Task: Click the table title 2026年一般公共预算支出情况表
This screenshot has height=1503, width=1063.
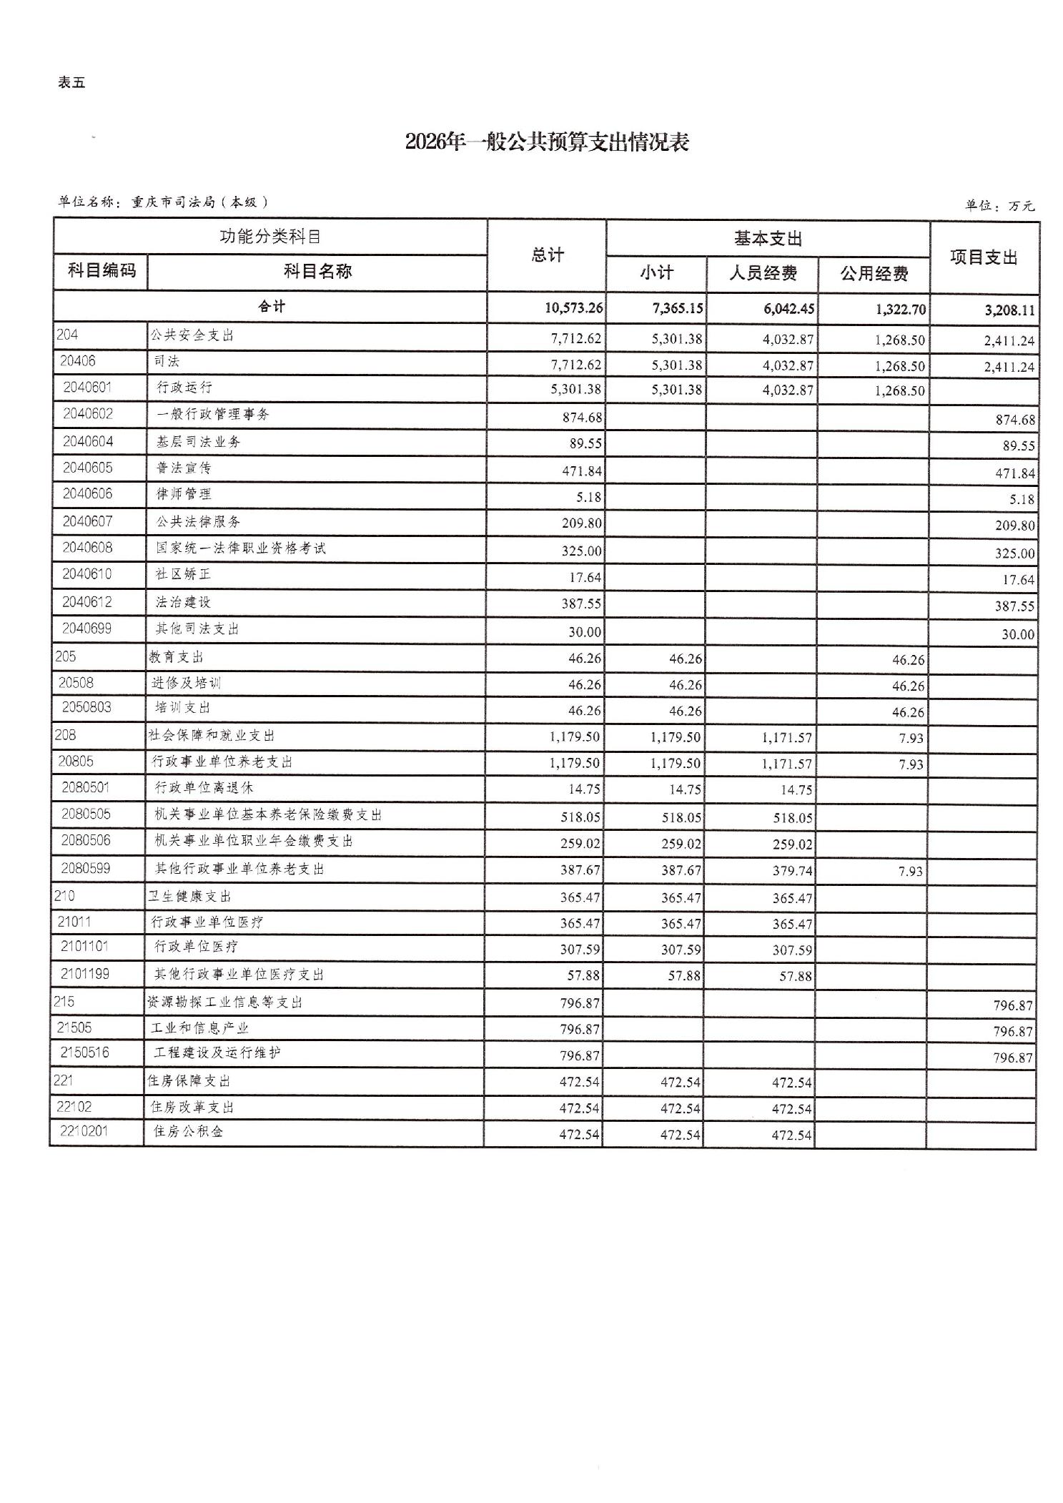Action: pyautogui.click(x=547, y=142)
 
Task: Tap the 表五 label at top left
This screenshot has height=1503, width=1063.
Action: pyautogui.click(x=71, y=83)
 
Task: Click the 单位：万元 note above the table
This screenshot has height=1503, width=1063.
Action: pyautogui.click(x=999, y=206)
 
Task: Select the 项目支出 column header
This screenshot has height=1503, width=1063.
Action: pyautogui.click(x=984, y=257)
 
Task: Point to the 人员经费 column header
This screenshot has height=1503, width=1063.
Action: pyautogui.click(x=763, y=273)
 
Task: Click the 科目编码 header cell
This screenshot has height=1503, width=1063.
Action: pyautogui.click(x=101, y=270)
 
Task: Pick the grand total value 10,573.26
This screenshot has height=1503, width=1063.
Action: pyautogui.click(x=573, y=308)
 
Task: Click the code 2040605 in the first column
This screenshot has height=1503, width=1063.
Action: pyautogui.click(x=87, y=468)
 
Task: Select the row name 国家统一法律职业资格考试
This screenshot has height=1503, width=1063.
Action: pyautogui.click(x=241, y=548)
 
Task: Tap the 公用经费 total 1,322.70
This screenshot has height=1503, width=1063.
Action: pyautogui.click(x=900, y=310)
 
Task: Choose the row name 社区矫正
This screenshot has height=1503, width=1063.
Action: pyautogui.click(x=183, y=575)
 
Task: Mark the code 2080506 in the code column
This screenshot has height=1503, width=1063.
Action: pyautogui.click(x=86, y=840)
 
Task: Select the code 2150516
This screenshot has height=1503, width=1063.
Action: pyautogui.click(x=85, y=1053)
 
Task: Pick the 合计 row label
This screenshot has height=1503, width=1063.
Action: pyautogui.click(x=272, y=307)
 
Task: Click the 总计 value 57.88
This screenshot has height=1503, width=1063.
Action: pyautogui.click(x=584, y=976)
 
